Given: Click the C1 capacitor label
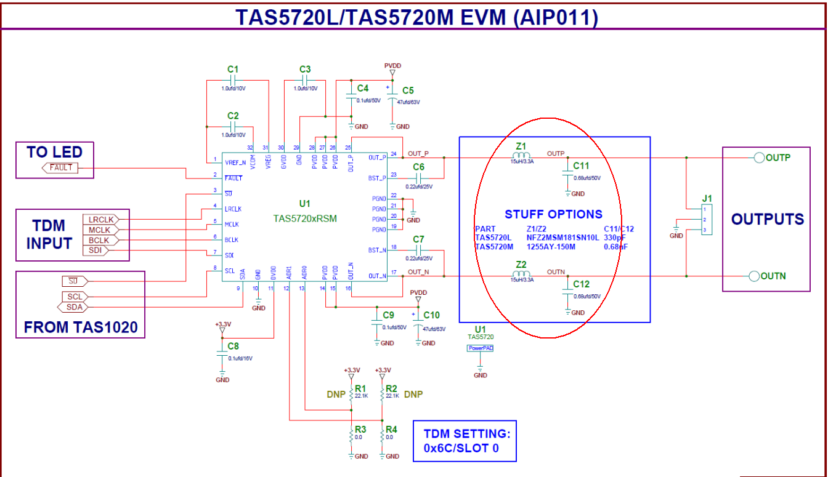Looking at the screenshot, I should pyautogui.click(x=232, y=70).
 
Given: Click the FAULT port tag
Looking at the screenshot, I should pyautogui.click(x=60, y=167).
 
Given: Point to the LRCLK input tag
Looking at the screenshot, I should pyautogui.click(x=100, y=219).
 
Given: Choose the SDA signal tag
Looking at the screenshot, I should pyautogui.click(x=75, y=307).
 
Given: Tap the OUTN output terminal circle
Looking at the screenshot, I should pyautogui.click(x=754, y=276).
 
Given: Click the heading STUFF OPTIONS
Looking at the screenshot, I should pyautogui.click(x=553, y=214).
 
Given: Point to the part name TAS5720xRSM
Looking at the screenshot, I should pyautogui.click(x=305, y=218).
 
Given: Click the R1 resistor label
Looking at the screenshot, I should pyautogui.click(x=361, y=388).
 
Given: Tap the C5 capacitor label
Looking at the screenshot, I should pyautogui.click(x=408, y=91).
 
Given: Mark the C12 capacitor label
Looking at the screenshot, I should pyautogui.click(x=581, y=284).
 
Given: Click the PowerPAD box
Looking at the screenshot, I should pyautogui.click(x=481, y=348).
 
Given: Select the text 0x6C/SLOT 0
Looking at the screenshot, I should pyautogui.click(x=461, y=448).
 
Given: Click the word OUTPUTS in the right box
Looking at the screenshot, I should pyautogui.click(x=767, y=219).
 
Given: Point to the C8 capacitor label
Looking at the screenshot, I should pyautogui.click(x=233, y=346).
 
